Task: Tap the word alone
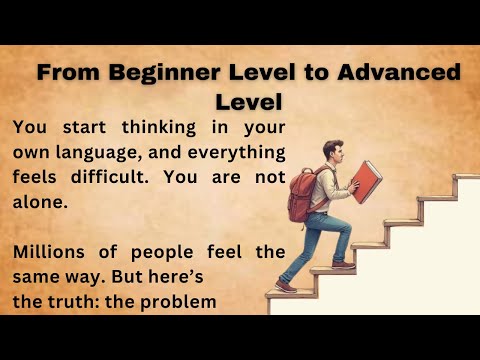pos(38,201)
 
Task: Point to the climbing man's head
pos(334,152)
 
